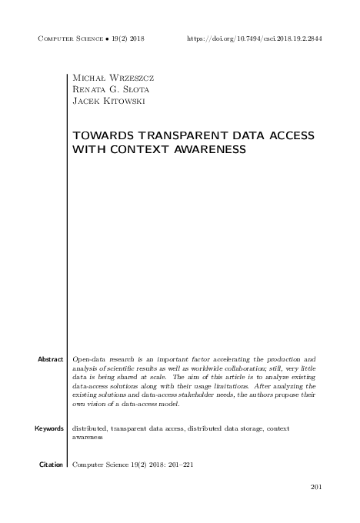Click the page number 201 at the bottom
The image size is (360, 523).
tap(314, 487)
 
